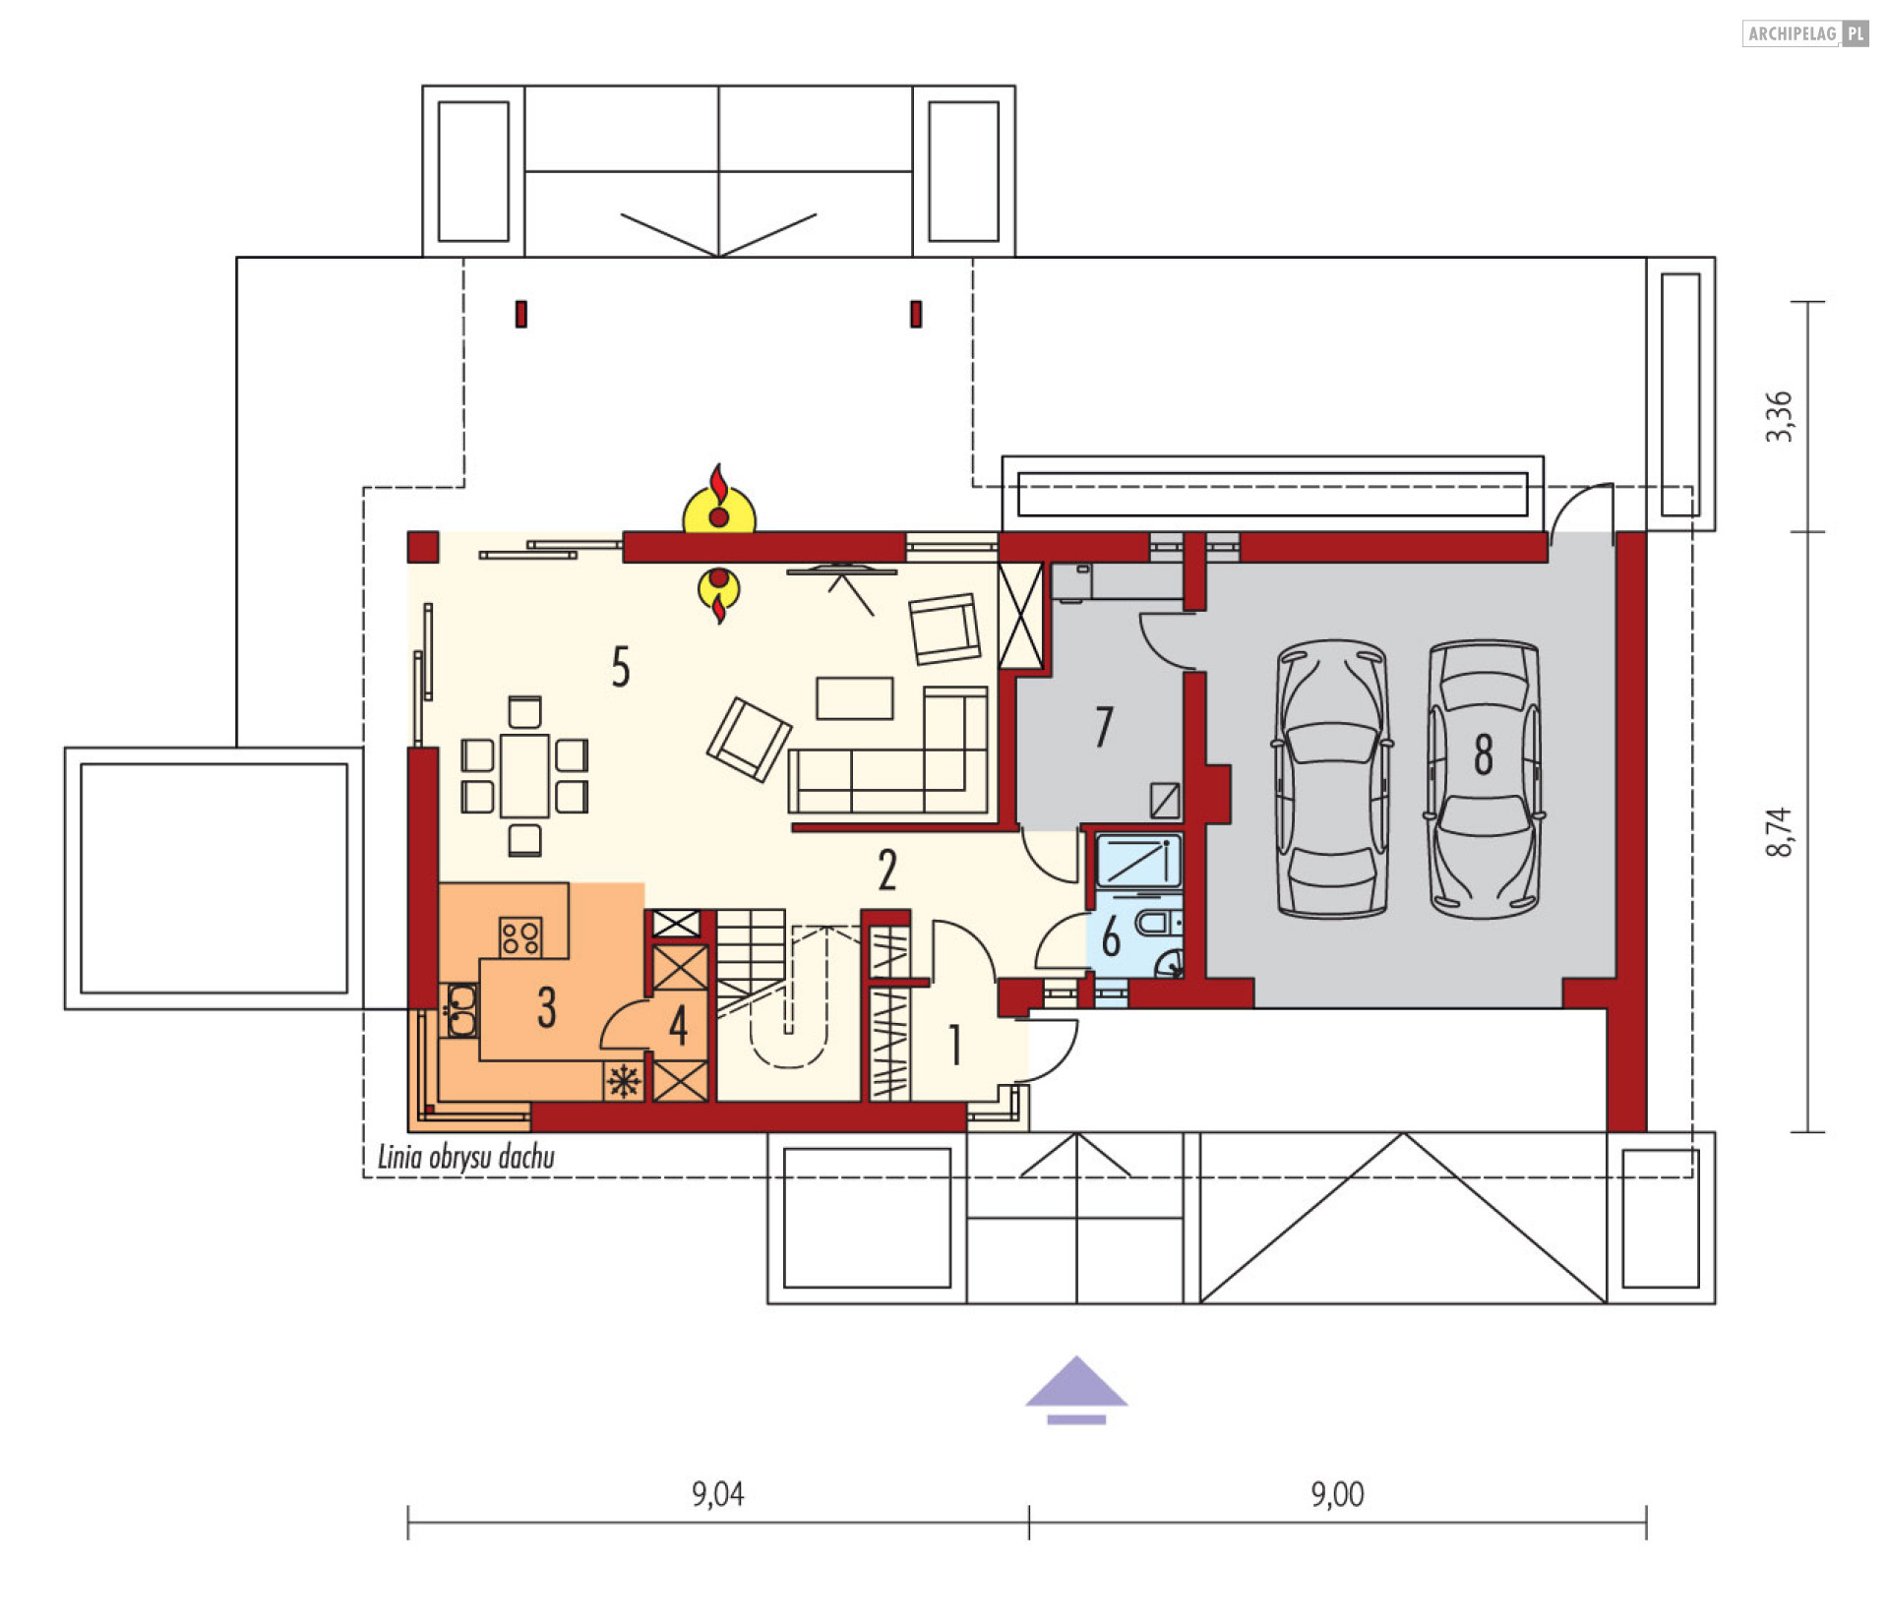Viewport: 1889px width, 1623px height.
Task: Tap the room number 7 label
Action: pyautogui.click(x=1104, y=727)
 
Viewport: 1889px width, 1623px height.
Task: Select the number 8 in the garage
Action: pyautogui.click(x=1483, y=754)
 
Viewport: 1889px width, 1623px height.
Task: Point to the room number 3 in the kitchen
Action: pyautogui.click(x=546, y=1007)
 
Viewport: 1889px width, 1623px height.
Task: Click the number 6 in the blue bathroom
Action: pyautogui.click(x=1111, y=936)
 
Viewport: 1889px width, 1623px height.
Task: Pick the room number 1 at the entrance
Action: pyautogui.click(x=954, y=1045)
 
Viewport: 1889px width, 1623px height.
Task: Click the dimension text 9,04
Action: pyautogui.click(x=717, y=1494)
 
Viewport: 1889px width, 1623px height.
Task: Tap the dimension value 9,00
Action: pyautogui.click(x=1337, y=1494)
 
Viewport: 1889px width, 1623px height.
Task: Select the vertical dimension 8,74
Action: pyautogui.click(x=1779, y=832)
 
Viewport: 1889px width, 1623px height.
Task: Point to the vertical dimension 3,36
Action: pyautogui.click(x=1779, y=417)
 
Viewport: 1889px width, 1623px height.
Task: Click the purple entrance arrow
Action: pyautogui.click(x=1076, y=1389)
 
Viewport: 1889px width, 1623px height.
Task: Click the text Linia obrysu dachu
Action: pyautogui.click(x=466, y=1157)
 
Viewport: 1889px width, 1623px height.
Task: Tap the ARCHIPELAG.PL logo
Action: pyautogui.click(x=1804, y=33)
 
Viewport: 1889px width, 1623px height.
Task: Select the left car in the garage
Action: pyautogui.click(x=1332, y=779)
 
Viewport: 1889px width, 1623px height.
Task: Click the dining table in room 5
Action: pyautogui.click(x=524, y=776)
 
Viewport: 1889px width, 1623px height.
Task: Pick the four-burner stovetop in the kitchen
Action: pyautogui.click(x=519, y=936)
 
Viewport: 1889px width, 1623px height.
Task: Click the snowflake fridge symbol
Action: pyautogui.click(x=624, y=1082)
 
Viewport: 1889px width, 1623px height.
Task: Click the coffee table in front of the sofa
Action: pyautogui.click(x=854, y=697)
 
